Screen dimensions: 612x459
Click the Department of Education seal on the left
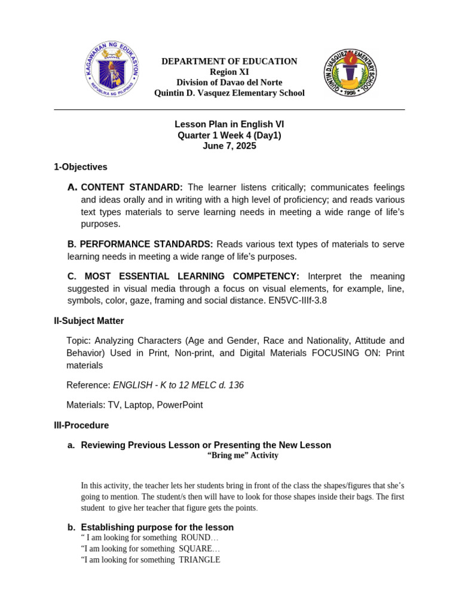[112, 70]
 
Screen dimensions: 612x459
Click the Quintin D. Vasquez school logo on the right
[350, 73]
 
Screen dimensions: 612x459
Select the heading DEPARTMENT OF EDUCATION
[229, 61]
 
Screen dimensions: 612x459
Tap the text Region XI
[229, 72]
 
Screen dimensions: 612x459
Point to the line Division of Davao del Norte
[229, 82]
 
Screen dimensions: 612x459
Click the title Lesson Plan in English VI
[229, 124]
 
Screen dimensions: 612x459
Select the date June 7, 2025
[229, 146]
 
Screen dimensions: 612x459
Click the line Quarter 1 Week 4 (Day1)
[229, 135]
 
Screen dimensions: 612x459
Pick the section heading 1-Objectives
[81, 167]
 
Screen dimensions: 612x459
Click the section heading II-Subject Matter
[89, 321]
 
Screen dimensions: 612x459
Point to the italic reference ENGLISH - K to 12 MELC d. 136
[178, 385]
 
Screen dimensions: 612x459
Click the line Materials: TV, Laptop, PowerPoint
[134, 405]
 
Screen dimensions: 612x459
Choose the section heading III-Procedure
[81, 426]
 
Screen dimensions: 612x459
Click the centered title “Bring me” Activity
[243, 455]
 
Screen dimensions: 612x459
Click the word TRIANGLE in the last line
[200, 560]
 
